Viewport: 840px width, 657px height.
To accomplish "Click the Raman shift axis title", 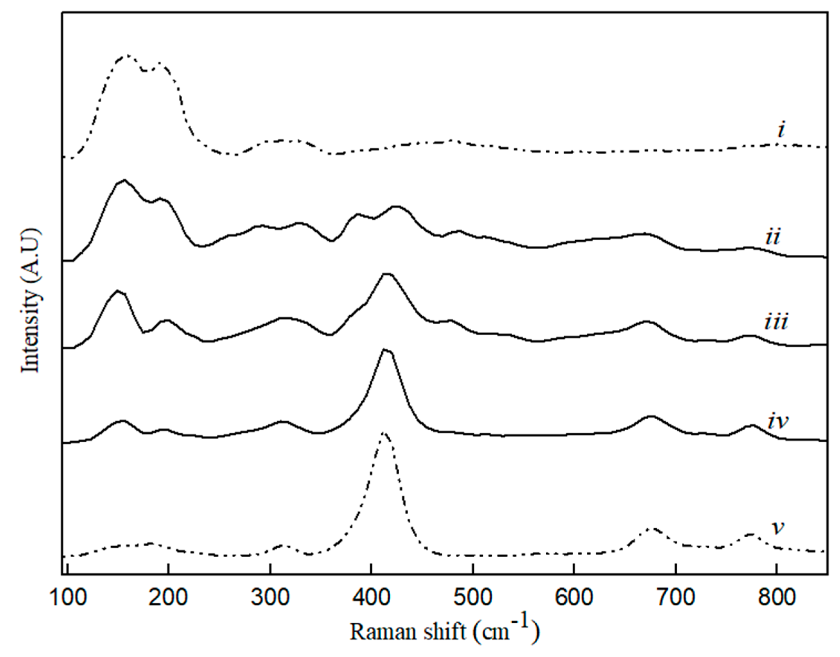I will pyautogui.click(x=445, y=631).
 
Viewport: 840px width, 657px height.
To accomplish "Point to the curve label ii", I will pyautogui.click(x=773, y=237).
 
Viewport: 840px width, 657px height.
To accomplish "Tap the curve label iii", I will pyautogui.click(x=776, y=322).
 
